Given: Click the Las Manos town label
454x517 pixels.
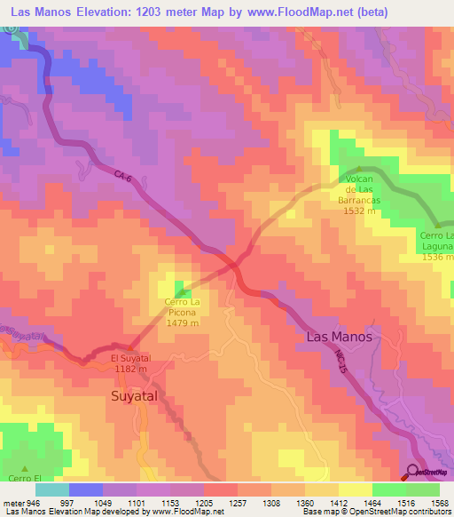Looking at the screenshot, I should point(339,338).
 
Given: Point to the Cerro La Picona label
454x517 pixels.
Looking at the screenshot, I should point(186,307).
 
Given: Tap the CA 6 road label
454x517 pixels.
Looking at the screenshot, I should point(123,178).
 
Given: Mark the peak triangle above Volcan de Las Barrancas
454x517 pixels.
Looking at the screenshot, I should point(358,169).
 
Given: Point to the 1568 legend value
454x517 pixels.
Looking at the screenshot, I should point(439,502).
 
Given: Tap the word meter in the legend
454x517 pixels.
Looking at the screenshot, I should point(10,502).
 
